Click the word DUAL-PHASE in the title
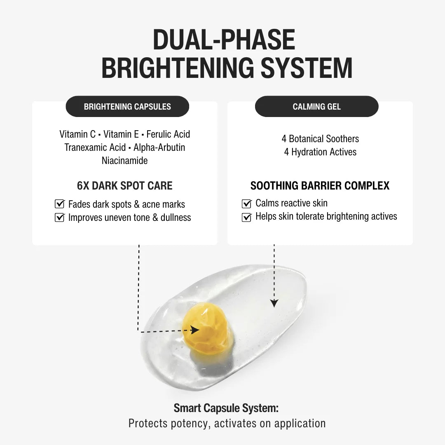point(224,40)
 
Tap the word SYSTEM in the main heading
point(307,68)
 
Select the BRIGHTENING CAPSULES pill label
point(127,106)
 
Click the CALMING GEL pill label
point(317,106)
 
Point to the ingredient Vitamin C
point(77,134)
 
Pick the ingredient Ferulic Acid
point(168,134)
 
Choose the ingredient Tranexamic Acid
point(95,147)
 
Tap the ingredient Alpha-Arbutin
point(159,147)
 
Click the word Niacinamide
point(124,160)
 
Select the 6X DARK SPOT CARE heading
point(124,185)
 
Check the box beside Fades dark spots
point(60,204)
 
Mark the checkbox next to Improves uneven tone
point(60,217)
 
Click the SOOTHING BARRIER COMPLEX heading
point(320,185)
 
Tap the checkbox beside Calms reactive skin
point(247,204)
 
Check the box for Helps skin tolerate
point(247,217)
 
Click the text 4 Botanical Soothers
point(320,138)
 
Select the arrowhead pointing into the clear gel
point(274,303)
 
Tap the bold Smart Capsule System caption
point(226,408)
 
